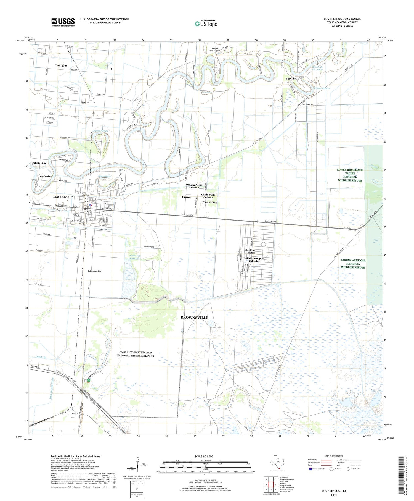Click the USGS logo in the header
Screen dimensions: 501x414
pos(63,22)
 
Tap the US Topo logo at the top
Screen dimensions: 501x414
pos(206,24)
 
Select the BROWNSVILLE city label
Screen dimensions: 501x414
pos(194,318)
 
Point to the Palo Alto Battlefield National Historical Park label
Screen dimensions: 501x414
pos(135,354)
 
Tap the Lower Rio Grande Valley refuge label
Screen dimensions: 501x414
pos(350,175)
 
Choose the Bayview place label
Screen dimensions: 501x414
pos(290,79)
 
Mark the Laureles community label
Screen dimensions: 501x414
pos(61,65)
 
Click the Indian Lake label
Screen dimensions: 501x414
pos(39,163)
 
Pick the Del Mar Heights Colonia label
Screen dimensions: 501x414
pos(253,260)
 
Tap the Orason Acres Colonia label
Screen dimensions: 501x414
pos(194,186)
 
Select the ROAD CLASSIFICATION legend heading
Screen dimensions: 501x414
pos(334,456)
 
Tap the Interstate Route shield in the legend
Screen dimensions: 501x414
pos(311,469)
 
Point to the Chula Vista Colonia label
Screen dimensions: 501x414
pos(208,196)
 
